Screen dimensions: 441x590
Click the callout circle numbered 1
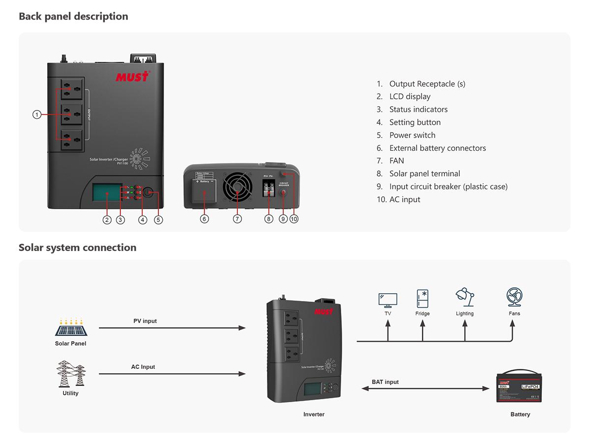pyautogui.click(x=36, y=114)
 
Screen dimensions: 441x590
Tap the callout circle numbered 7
pyautogui.click(x=237, y=219)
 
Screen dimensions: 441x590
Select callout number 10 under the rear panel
pyautogui.click(x=294, y=219)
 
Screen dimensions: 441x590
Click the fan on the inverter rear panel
pyautogui.click(x=237, y=187)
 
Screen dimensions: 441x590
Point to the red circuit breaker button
pyautogui.click(x=284, y=193)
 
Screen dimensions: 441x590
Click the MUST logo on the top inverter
pyautogui.click(x=132, y=77)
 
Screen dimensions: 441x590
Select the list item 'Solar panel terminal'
pyautogui.click(x=424, y=173)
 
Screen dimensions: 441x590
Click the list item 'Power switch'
pyautogui.click(x=412, y=135)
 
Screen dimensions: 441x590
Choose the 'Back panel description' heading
pyautogui.click(x=73, y=16)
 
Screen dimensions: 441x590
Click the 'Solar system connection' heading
pyautogui.click(x=77, y=248)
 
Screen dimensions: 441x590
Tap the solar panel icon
pyautogui.click(x=71, y=328)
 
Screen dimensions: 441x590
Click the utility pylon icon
pyautogui.click(x=70, y=374)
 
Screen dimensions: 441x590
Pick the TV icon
pyautogui.click(x=388, y=300)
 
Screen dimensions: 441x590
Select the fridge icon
pyautogui.click(x=422, y=298)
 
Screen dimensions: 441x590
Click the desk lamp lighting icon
pyautogui.click(x=465, y=298)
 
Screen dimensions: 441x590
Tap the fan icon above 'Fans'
pyautogui.click(x=514, y=298)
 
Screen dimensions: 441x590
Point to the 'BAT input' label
pyautogui.click(x=385, y=382)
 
